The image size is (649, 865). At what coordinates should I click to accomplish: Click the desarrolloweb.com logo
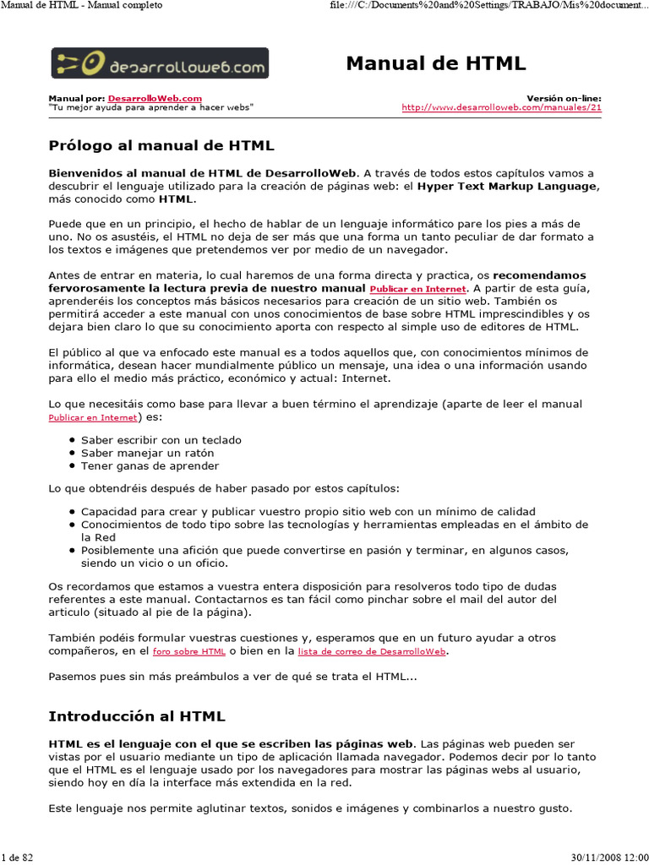click(160, 63)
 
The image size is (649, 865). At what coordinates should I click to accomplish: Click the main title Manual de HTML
click(436, 63)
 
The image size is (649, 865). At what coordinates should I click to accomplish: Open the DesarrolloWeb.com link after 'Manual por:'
click(155, 98)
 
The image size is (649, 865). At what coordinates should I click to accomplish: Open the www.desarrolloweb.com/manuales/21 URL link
click(501, 107)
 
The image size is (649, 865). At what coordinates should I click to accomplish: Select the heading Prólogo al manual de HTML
click(161, 145)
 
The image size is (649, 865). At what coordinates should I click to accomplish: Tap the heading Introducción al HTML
click(137, 716)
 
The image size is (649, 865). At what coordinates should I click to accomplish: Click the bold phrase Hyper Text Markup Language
click(507, 187)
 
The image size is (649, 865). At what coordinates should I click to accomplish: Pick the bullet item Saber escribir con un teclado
click(161, 439)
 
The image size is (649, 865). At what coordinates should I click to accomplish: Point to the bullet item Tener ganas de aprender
click(150, 465)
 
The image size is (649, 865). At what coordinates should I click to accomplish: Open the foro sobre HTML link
click(188, 652)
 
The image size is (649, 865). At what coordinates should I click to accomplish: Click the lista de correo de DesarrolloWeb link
click(372, 652)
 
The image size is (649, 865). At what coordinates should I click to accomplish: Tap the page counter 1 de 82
click(17, 857)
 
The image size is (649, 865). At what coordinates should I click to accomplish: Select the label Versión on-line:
click(564, 98)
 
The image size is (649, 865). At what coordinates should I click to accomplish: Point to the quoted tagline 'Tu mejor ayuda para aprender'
click(150, 107)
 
